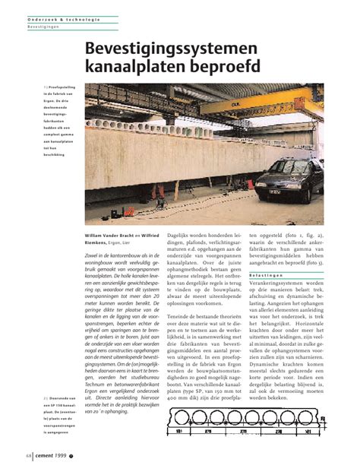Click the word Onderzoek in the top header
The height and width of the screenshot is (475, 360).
click(x=44, y=17)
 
